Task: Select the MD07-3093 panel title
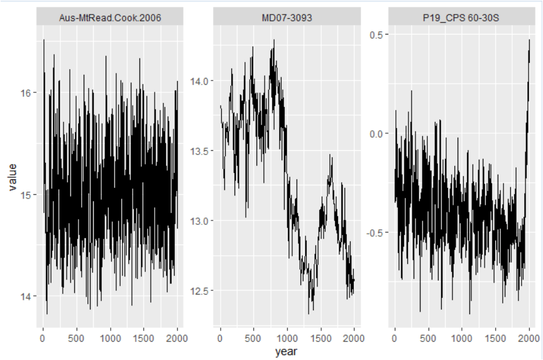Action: coord(287,18)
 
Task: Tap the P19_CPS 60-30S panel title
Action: coord(461,18)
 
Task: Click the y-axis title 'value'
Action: coord(13,177)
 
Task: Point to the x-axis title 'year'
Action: coord(286,352)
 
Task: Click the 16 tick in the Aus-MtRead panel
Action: coord(28,93)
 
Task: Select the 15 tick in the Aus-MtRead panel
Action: coord(28,195)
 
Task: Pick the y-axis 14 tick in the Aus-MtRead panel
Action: coord(28,297)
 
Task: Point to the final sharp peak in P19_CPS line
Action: coord(529,40)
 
